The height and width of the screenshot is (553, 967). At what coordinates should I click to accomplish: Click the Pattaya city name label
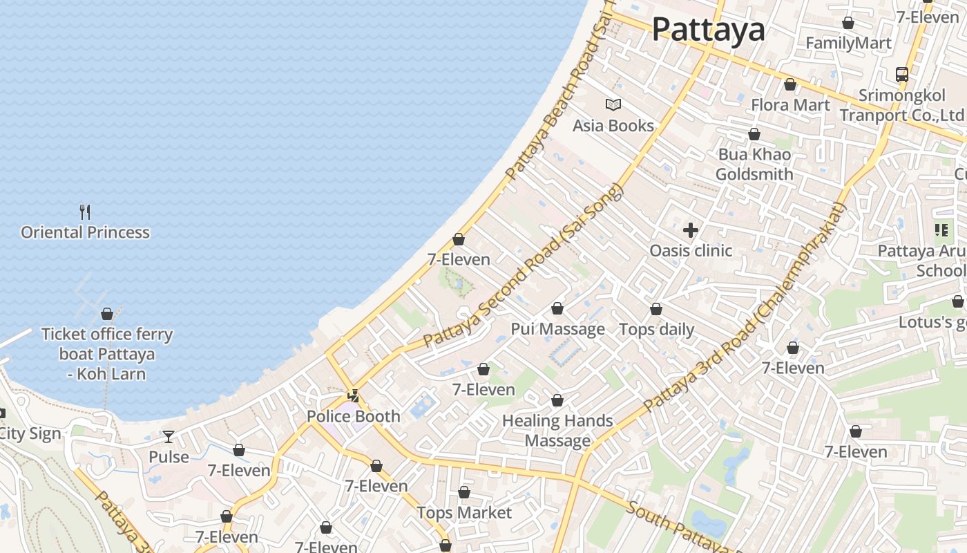tap(708, 29)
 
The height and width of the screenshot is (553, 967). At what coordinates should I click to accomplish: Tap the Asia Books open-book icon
tap(613, 105)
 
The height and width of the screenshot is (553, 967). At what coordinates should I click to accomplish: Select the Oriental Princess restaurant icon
tap(85, 212)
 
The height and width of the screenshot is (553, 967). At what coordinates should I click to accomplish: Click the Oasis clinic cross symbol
tap(690, 230)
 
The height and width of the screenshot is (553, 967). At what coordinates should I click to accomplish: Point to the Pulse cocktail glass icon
tap(169, 437)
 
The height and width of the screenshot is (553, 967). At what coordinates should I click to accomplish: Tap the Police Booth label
tap(353, 416)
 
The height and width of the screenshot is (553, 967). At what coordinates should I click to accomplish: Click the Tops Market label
tap(464, 513)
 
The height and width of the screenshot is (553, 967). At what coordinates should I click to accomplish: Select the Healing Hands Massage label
tap(557, 431)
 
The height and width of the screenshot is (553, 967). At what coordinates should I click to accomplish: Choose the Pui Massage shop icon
tap(557, 308)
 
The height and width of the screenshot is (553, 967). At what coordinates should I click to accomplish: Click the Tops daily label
tap(656, 329)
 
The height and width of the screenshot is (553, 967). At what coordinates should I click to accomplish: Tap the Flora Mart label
tap(790, 105)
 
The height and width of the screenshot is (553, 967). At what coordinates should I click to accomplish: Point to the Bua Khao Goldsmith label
tap(754, 164)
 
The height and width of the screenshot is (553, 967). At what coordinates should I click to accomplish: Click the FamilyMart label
tap(848, 44)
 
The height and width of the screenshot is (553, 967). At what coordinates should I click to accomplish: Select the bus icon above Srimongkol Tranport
tap(901, 74)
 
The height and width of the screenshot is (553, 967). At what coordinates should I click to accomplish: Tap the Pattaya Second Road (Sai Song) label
tap(523, 266)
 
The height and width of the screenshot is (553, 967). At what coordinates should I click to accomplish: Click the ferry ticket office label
tap(107, 354)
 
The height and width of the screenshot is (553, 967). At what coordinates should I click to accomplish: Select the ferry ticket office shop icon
tap(107, 314)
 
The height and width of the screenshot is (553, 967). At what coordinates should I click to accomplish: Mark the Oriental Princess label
tap(85, 232)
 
